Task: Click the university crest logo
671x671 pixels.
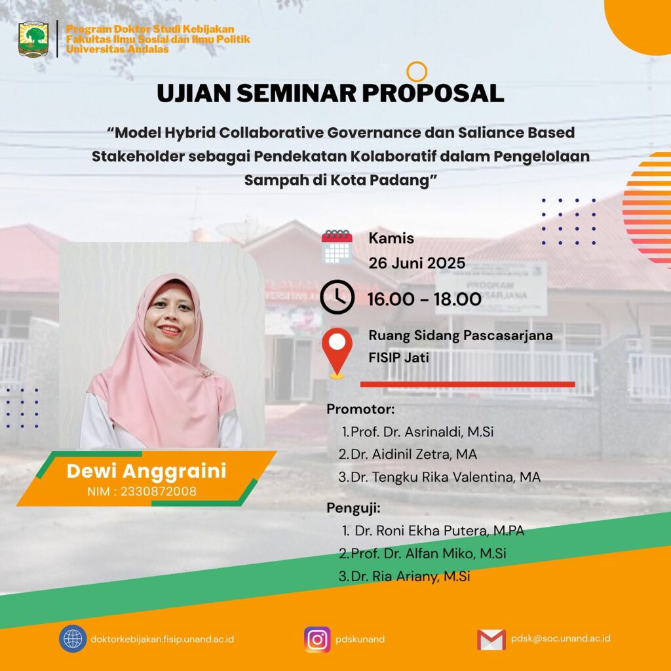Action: [x=33, y=39]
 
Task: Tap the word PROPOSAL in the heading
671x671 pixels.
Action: [x=432, y=93]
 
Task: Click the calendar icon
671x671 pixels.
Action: [x=337, y=247]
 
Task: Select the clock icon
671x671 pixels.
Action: [x=337, y=297]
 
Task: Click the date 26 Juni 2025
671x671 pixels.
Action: [x=417, y=263]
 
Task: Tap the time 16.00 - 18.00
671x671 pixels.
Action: [x=425, y=299]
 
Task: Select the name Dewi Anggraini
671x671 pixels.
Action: [x=146, y=471]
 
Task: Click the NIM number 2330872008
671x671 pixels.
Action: [x=159, y=491]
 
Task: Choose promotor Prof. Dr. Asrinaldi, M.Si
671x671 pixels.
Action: [x=422, y=432]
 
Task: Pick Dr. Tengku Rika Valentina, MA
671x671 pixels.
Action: [x=446, y=477]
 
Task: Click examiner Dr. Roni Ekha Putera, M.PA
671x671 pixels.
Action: [x=440, y=531]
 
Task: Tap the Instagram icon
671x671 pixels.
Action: [x=317, y=640]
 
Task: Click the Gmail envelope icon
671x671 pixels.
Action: [x=491, y=640]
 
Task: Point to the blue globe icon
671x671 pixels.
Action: [x=73, y=639]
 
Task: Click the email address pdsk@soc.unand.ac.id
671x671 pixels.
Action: [x=561, y=638]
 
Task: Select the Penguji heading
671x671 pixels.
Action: [x=353, y=508]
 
